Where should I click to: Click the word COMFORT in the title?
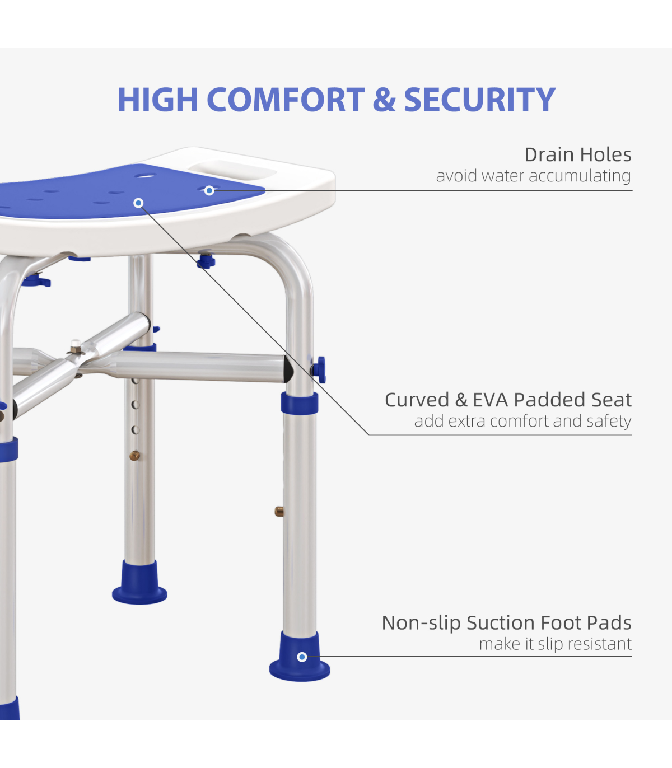click(x=285, y=100)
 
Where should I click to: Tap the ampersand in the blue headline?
click(x=384, y=100)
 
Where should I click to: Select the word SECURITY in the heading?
click(x=479, y=100)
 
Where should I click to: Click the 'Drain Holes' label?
click(x=577, y=154)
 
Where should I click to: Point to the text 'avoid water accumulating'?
click(x=533, y=176)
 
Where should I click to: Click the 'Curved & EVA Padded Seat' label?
click(x=508, y=400)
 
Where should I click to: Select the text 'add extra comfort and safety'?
click(x=522, y=421)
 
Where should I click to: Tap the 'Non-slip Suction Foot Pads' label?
click(x=506, y=622)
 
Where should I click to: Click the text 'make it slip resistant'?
click(x=556, y=644)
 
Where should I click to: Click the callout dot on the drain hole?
click(x=209, y=191)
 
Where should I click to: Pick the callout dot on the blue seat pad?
click(x=138, y=203)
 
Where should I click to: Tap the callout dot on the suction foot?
click(x=302, y=657)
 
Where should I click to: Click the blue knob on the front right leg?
click(x=319, y=370)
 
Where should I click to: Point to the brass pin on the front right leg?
click(x=279, y=511)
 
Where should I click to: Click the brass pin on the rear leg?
click(x=134, y=456)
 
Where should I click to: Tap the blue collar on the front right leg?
click(x=300, y=403)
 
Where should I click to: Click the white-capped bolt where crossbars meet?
click(x=76, y=346)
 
